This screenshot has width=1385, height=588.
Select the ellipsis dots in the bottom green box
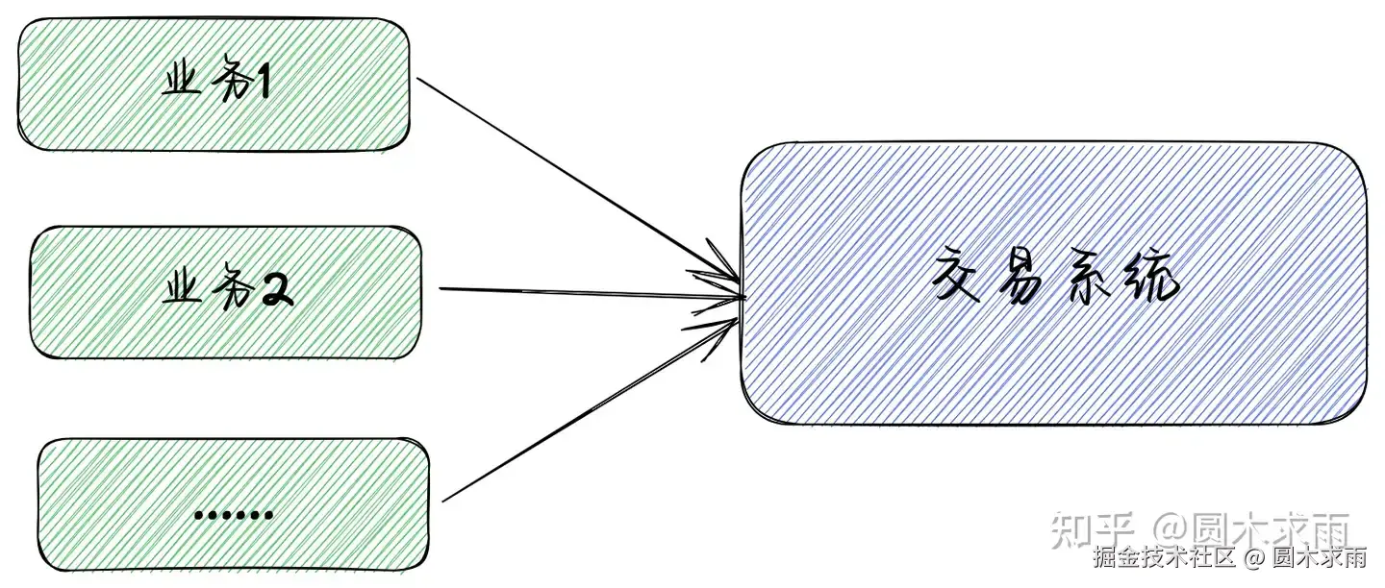[234, 516]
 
